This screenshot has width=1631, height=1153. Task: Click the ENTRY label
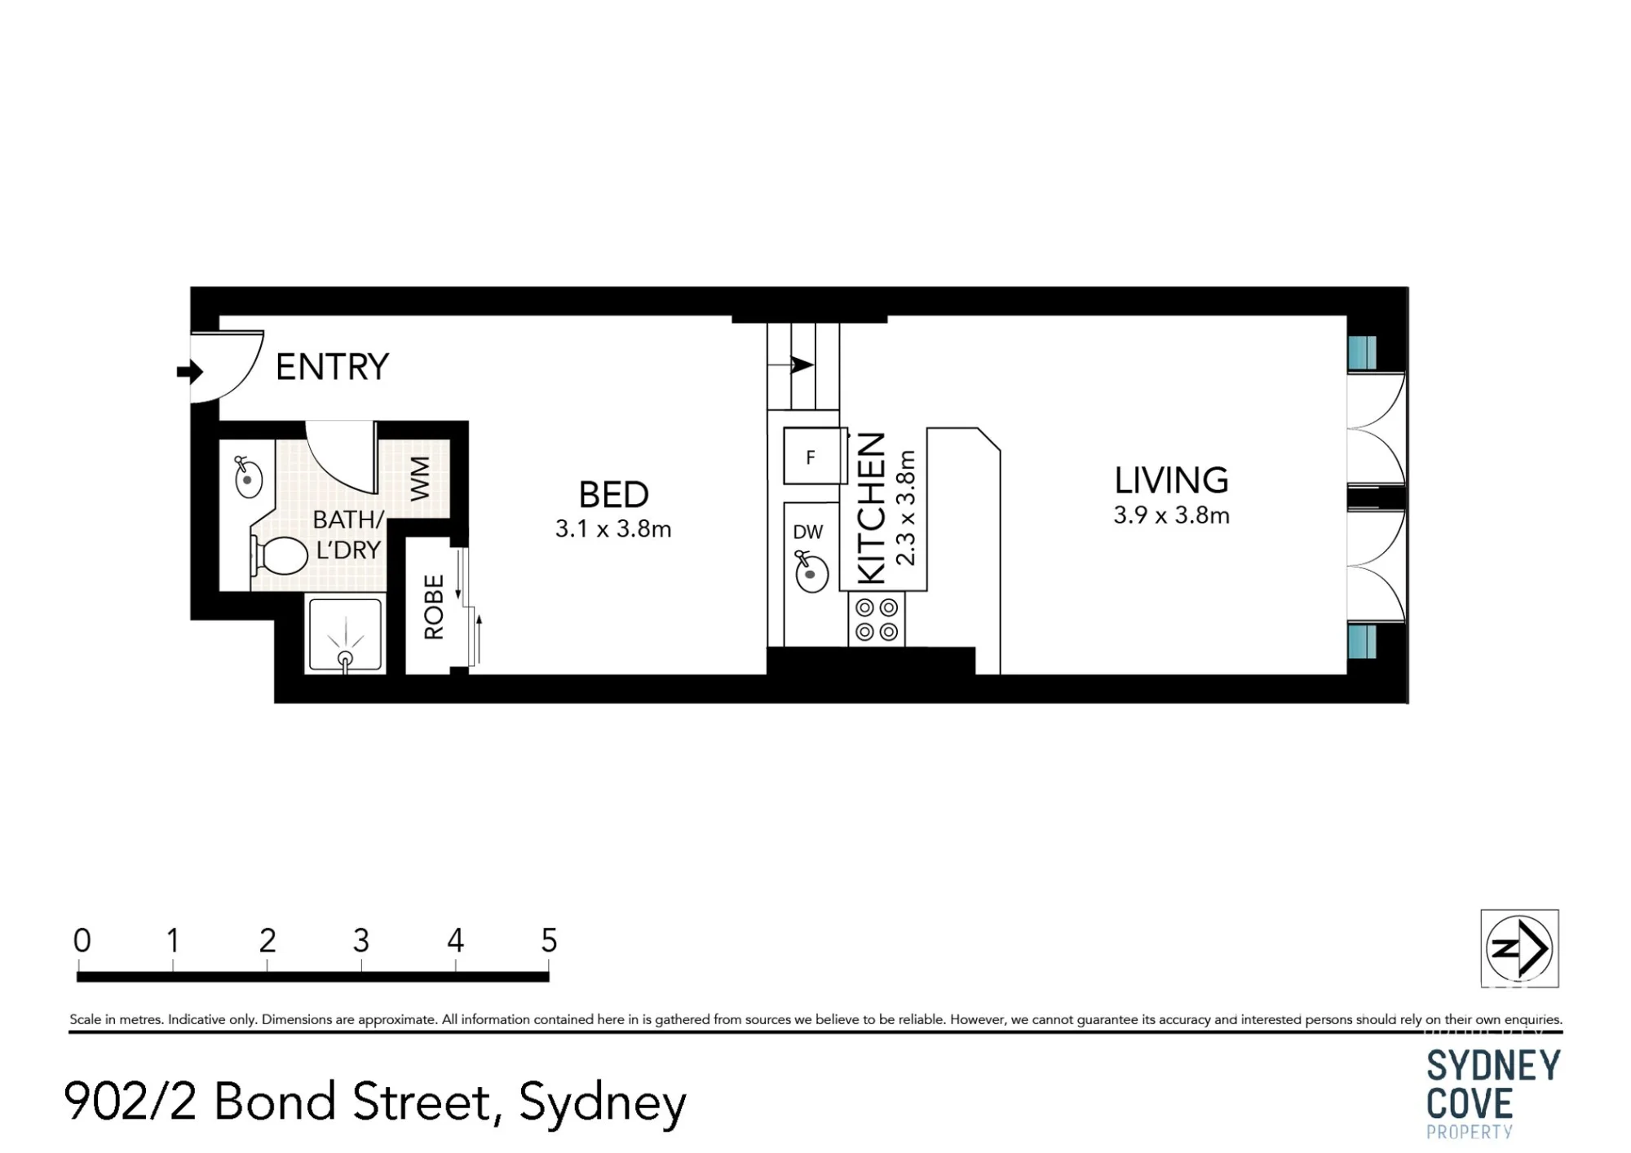coord(332,367)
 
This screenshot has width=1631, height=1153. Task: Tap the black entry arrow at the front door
coord(190,372)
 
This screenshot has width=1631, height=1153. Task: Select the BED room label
coord(613,494)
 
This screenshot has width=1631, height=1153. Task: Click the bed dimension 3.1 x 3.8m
coord(613,529)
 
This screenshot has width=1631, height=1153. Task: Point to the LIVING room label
coord(1171,480)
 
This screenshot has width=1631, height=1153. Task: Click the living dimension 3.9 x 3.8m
coord(1171,515)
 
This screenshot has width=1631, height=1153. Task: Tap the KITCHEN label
coord(872,508)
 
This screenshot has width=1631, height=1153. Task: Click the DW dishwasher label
coord(807,532)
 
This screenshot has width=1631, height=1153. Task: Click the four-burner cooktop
coord(877,620)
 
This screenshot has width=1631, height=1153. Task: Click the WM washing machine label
coord(419,479)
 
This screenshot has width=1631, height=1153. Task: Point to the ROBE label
coord(434,607)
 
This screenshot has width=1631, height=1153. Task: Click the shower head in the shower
coord(345,658)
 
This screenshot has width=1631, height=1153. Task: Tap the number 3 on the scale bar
coord(361,941)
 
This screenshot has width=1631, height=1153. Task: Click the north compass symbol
coord(1519,948)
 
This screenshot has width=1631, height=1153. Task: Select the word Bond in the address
coord(276,1101)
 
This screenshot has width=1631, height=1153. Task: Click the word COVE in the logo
coord(1470,1103)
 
